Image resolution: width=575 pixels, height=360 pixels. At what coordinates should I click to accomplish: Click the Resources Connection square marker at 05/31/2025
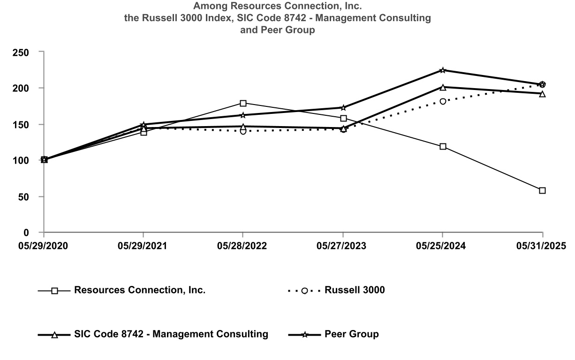coord(542,190)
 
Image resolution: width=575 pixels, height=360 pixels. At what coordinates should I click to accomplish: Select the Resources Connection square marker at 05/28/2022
coord(243,103)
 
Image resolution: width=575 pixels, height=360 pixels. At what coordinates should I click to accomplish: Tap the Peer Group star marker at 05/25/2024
coord(443,70)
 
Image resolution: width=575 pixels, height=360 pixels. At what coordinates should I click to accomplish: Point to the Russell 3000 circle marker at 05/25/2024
coord(443,101)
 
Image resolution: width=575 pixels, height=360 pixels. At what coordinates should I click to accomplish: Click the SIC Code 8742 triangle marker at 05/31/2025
coord(542,94)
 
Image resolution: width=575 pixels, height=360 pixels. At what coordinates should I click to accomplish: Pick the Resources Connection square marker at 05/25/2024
coord(443,146)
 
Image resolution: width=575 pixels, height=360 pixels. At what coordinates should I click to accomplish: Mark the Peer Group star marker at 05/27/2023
coord(343,107)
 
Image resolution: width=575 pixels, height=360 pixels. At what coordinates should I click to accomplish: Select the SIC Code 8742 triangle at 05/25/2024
coord(443,87)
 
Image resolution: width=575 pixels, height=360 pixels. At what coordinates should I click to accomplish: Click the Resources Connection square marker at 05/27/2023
coord(343,119)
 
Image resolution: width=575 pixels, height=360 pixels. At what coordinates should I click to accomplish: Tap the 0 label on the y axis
coord(34,232)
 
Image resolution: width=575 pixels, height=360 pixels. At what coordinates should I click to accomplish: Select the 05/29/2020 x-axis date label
coord(43,246)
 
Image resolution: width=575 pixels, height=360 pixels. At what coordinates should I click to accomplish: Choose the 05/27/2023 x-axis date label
coord(343,246)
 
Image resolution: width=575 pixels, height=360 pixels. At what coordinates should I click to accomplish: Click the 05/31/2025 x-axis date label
coord(542,246)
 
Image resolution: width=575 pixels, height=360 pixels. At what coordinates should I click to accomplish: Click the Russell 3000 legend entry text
coord(355,290)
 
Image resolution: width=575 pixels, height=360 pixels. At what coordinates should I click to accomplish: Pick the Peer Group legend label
coord(351,334)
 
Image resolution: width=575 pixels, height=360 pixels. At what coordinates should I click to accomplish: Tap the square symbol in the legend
coord(54,291)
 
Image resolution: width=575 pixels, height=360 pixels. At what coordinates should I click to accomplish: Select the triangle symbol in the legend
coord(54,335)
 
